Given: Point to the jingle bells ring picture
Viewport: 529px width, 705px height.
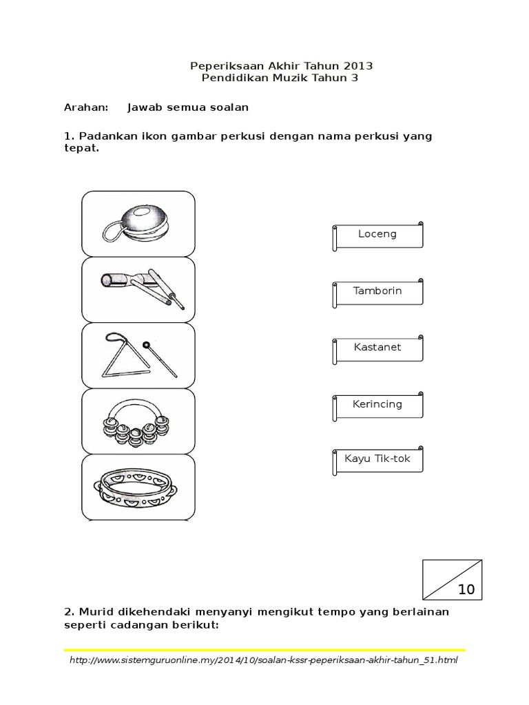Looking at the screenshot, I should (x=138, y=419).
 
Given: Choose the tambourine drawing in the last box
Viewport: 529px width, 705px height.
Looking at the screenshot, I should (x=138, y=485).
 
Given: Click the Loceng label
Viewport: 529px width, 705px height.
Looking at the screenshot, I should (x=377, y=234).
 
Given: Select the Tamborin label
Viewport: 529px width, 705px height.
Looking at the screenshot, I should (x=377, y=291).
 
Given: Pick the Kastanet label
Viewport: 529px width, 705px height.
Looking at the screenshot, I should (x=377, y=348).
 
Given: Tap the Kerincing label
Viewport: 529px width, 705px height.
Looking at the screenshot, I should (x=377, y=404).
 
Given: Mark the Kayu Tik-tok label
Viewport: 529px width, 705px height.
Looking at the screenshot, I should (x=377, y=459).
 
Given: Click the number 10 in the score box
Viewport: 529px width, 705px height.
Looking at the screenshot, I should (x=466, y=590).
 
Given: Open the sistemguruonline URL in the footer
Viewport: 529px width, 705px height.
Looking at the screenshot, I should (x=264, y=660).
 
